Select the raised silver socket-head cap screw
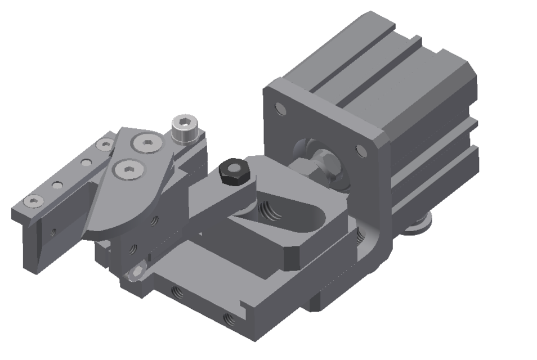(184, 129)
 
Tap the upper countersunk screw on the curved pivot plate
(145, 142)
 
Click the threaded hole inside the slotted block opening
(268, 211)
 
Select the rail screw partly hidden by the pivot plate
(105, 145)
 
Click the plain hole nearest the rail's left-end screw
(57, 184)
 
